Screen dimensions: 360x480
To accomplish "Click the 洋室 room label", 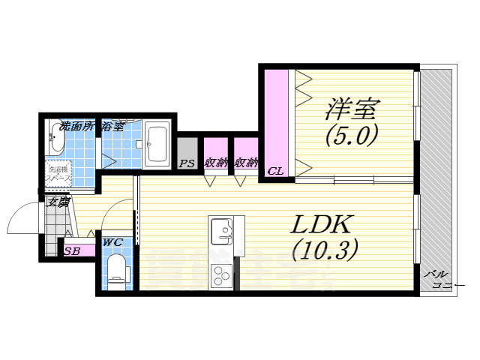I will point(350,109).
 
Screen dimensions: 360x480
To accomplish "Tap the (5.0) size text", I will point(350,136).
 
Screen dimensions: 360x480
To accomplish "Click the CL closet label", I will point(275,171).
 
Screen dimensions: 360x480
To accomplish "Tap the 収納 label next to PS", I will point(216,163).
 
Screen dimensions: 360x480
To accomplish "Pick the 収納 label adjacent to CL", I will point(246,163).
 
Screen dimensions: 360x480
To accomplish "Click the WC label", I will point(113,241).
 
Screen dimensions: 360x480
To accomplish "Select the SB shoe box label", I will point(72,251).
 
